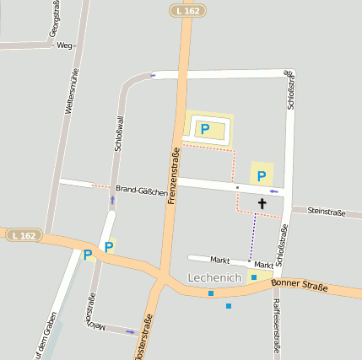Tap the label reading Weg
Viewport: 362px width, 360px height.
pos(64,46)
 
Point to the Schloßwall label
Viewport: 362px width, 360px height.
pos(120,134)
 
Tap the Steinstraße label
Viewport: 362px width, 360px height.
pos(326,212)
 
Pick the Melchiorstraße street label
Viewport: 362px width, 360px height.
pos(90,313)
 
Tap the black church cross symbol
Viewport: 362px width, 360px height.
pos(262,203)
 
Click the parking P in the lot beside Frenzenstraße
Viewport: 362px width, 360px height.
pos(203,129)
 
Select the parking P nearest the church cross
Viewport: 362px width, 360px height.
pos(262,176)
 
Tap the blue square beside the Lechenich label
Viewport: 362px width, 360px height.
pos(253,277)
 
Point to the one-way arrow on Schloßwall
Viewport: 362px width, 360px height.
pos(112,200)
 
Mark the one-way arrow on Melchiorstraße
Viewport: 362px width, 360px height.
pos(130,331)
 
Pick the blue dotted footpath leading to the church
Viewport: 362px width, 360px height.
pos(252,235)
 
